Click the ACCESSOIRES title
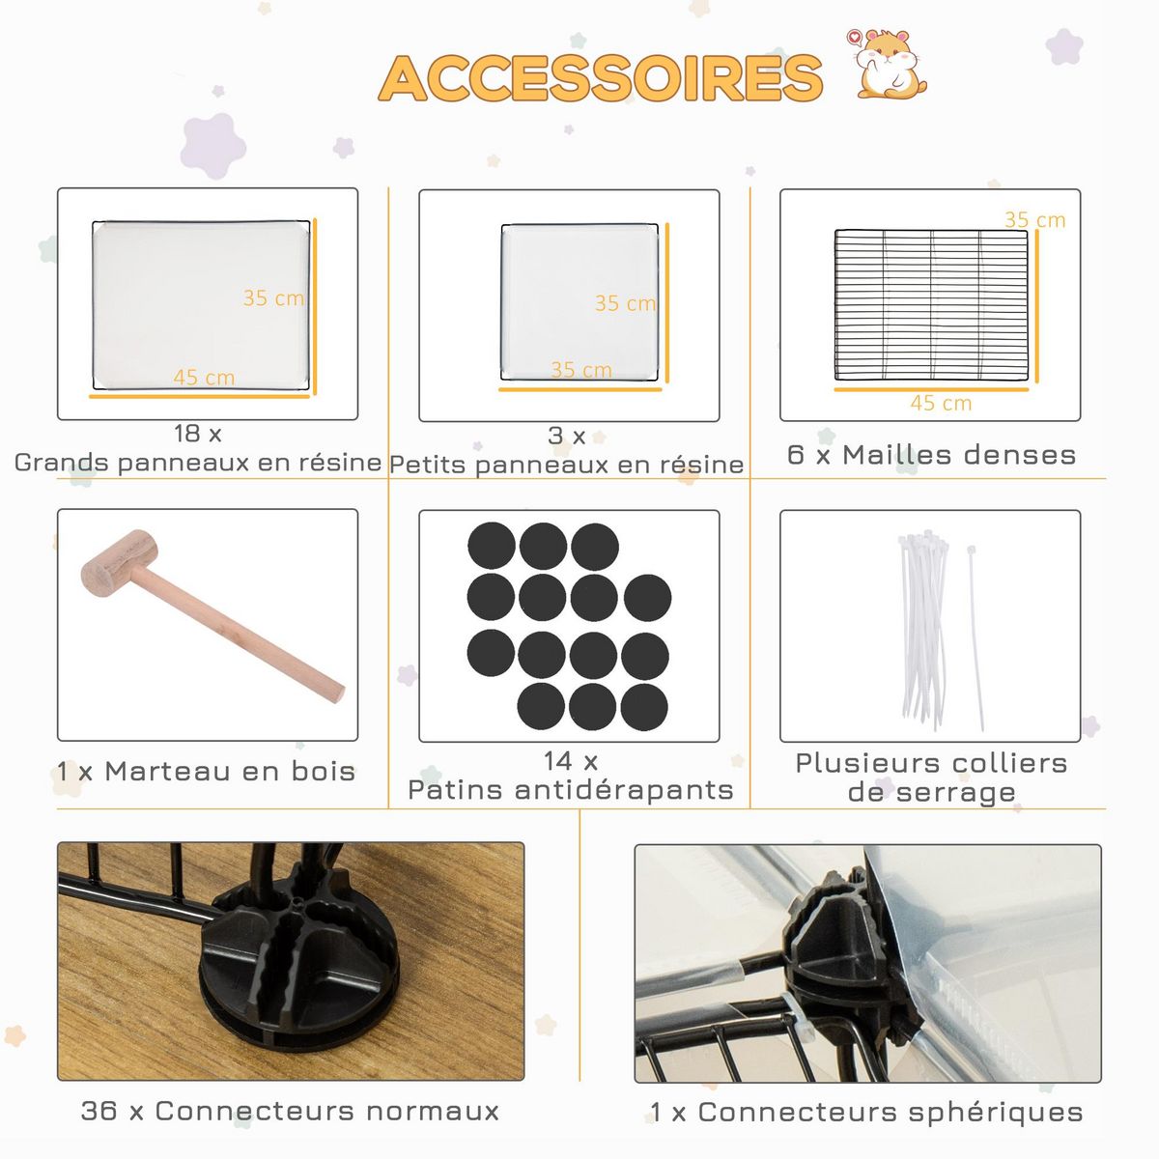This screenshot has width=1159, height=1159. (x=600, y=78)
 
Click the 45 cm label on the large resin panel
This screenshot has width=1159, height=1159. (x=204, y=377)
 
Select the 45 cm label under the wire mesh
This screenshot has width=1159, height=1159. (x=941, y=403)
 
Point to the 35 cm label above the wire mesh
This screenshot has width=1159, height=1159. (x=1035, y=219)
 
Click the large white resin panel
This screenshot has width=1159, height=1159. (x=202, y=305)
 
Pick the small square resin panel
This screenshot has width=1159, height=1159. (x=579, y=302)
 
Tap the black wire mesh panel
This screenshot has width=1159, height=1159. (x=931, y=305)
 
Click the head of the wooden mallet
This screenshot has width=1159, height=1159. (x=119, y=563)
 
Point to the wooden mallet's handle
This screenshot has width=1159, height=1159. (x=237, y=633)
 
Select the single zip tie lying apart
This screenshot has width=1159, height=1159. (x=975, y=637)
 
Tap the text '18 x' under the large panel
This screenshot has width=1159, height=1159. (x=198, y=433)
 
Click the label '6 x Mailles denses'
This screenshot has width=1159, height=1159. (x=931, y=455)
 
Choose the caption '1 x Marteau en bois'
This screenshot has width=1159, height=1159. (x=206, y=771)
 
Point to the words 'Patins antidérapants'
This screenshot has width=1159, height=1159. (x=571, y=790)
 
